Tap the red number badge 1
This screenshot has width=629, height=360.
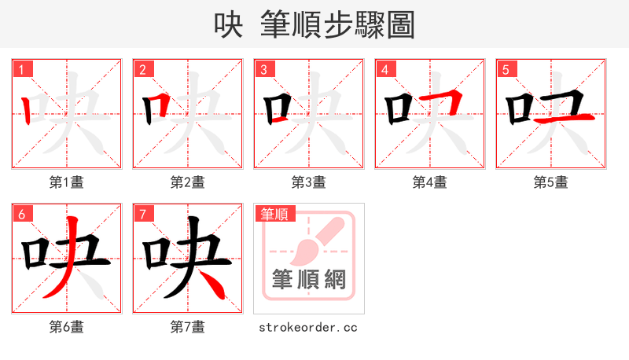[x=22, y=69]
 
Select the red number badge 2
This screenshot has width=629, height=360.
[x=143, y=69]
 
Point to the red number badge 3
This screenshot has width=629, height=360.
[x=264, y=69]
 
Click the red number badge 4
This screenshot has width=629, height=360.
[x=385, y=69]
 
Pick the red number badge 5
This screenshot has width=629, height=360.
[x=506, y=69]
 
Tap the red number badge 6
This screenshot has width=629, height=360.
[x=22, y=214]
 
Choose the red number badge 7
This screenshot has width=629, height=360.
[x=143, y=214]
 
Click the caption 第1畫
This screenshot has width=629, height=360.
[x=67, y=182]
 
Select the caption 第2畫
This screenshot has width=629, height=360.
[x=188, y=182]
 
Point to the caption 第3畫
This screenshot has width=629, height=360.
[x=309, y=182]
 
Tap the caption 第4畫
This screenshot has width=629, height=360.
[x=430, y=182]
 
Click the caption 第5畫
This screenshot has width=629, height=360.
[x=551, y=182]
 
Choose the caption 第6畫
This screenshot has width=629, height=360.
[x=67, y=327]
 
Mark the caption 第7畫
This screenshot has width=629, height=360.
[x=188, y=327]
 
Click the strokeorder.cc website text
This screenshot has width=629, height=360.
[x=308, y=327]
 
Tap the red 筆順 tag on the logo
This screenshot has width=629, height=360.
[x=274, y=213]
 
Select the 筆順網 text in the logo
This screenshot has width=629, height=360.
[x=308, y=280]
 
